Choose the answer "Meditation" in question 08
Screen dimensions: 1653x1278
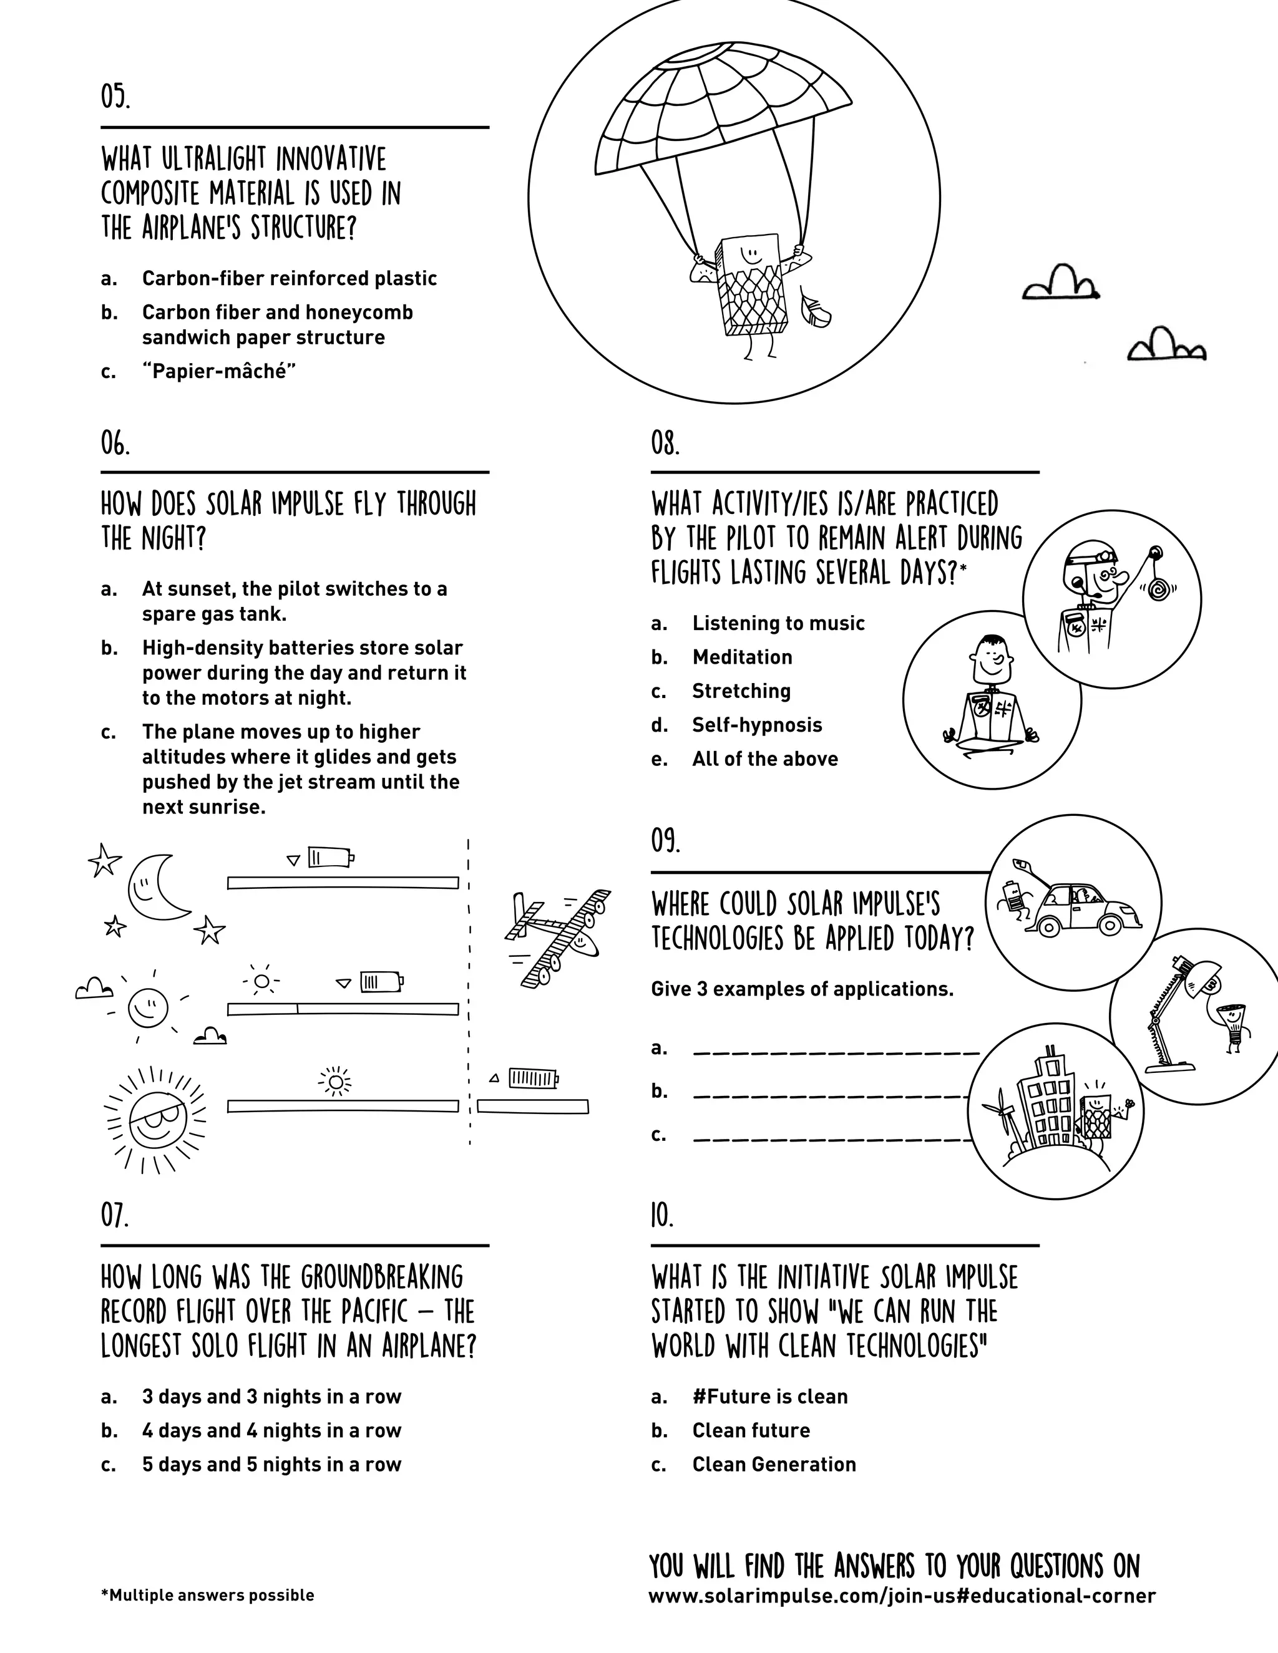pyautogui.click(x=742, y=657)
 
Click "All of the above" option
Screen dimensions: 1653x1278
pyautogui.click(x=764, y=759)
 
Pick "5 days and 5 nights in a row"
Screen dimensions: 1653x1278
pyautogui.click(x=271, y=1465)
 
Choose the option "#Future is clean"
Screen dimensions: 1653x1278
pyautogui.click(x=769, y=1397)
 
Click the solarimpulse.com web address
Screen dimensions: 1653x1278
pyautogui.click(x=901, y=1596)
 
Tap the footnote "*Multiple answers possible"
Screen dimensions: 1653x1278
pyautogui.click(x=207, y=1596)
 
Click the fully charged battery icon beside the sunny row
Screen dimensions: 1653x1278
pyautogui.click(x=533, y=1078)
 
